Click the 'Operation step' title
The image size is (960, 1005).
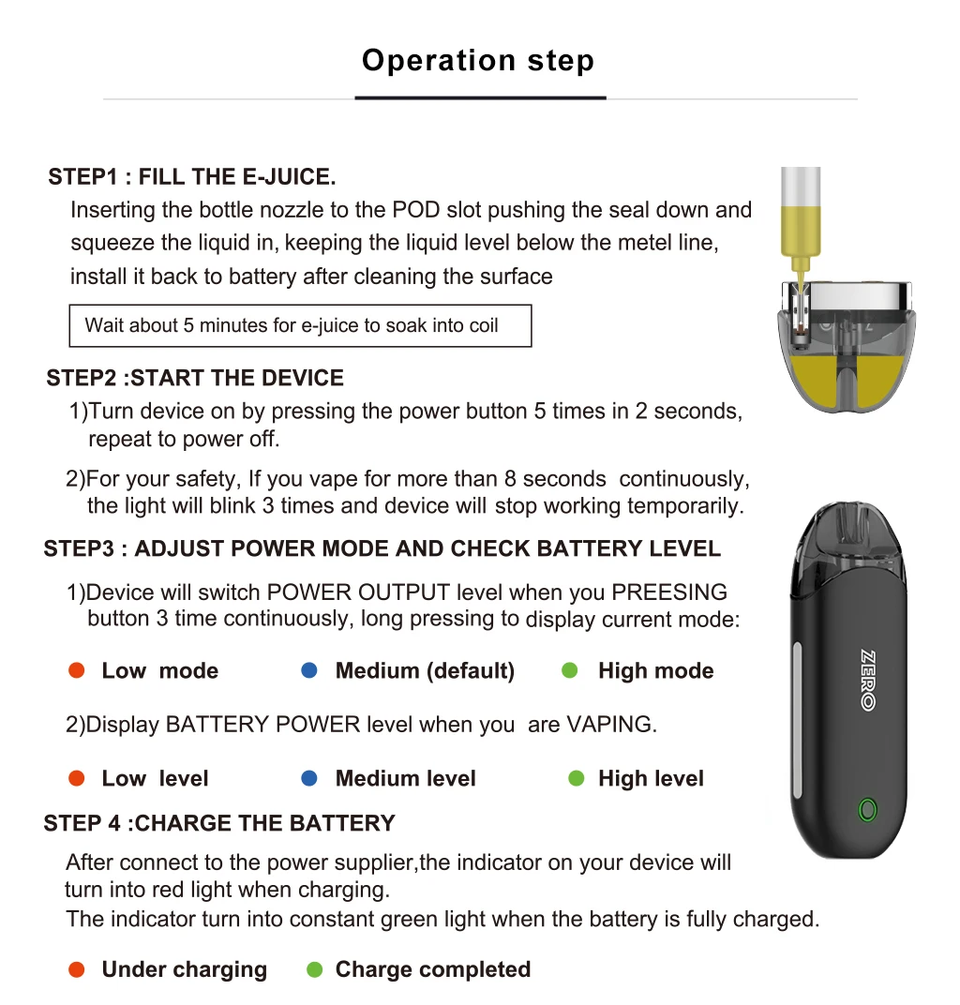tap(478, 61)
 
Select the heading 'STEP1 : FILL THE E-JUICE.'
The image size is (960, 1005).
tap(192, 177)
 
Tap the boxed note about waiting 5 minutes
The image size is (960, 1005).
tap(300, 325)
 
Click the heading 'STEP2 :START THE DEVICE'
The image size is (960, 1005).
tap(195, 379)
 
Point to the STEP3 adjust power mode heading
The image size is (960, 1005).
tap(382, 548)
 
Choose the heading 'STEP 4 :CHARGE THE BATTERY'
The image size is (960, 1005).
tap(219, 823)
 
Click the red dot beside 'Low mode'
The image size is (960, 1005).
tap(78, 670)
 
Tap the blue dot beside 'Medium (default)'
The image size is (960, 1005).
tap(309, 670)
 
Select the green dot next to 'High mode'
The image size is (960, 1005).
tap(569, 670)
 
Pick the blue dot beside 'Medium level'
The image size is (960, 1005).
tap(309, 778)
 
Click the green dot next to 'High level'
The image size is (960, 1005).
tap(577, 778)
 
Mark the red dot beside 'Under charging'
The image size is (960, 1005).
tap(78, 969)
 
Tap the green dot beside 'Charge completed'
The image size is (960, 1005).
tap(315, 969)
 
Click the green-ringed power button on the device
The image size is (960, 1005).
tap(867, 809)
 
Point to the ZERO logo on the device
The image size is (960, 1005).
tap(867, 680)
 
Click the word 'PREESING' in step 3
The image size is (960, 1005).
tap(669, 592)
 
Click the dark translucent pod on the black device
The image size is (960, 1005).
tap(848, 548)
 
